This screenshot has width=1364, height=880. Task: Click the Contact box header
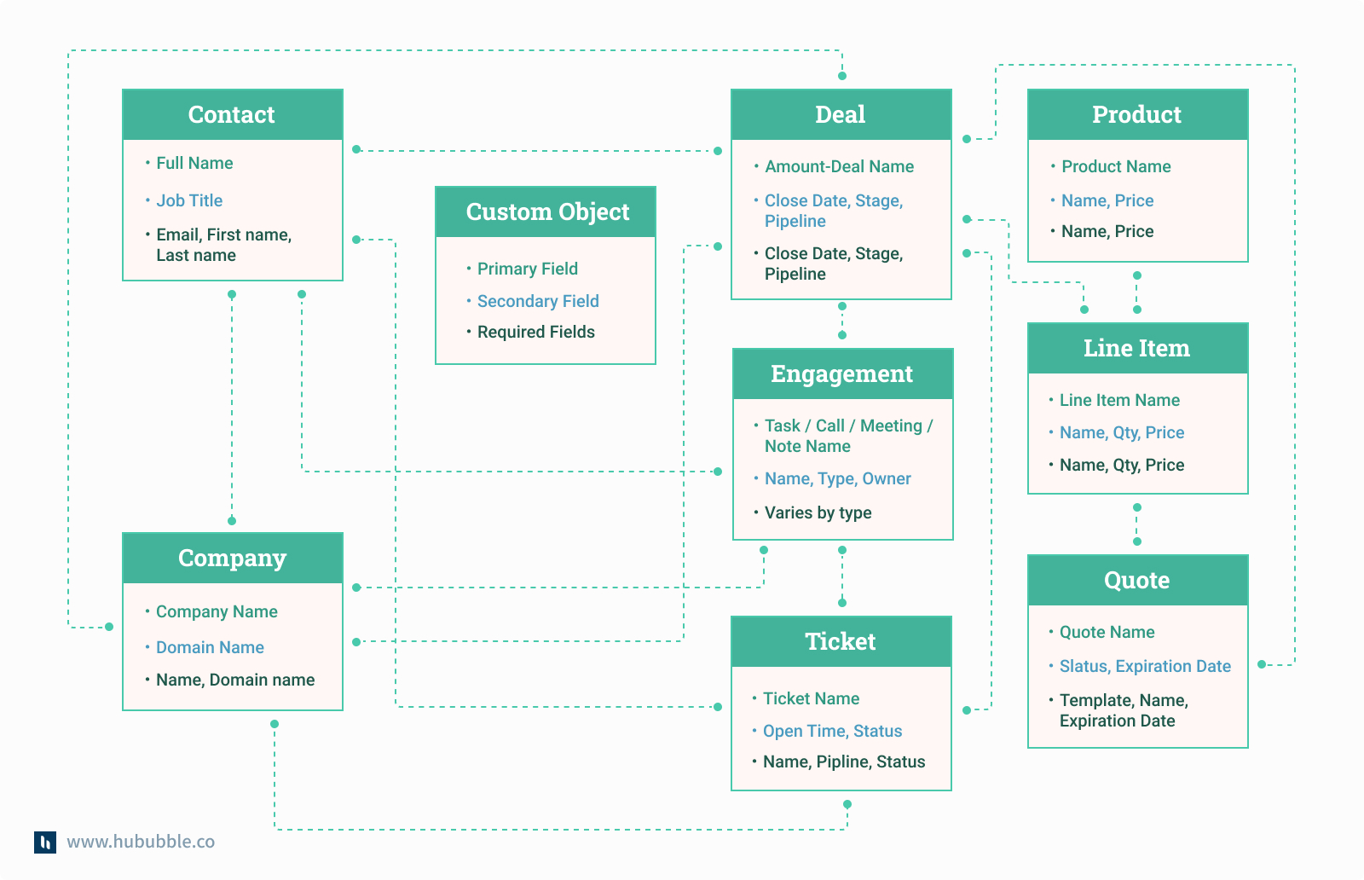[x=232, y=114]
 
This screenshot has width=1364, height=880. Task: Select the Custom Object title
[x=547, y=211]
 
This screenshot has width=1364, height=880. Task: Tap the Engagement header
[x=841, y=373]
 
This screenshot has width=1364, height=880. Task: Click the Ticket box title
[x=841, y=641]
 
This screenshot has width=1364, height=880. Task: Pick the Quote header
[x=1136, y=580]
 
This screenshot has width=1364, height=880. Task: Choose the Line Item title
[x=1136, y=348]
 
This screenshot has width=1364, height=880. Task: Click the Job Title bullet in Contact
[x=189, y=200]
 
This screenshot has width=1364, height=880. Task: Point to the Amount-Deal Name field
[x=839, y=166]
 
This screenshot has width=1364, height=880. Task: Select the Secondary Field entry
[x=538, y=301]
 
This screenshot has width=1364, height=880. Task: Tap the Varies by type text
[x=818, y=512]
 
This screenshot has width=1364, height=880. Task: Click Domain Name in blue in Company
[x=210, y=647]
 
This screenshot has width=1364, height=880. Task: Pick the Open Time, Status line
[x=832, y=731]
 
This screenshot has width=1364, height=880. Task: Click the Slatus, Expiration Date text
[x=1145, y=666]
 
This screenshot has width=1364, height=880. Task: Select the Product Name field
[x=1116, y=166]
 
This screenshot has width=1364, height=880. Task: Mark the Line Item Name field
[x=1119, y=400]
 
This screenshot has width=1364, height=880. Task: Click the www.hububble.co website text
[x=141, y=842]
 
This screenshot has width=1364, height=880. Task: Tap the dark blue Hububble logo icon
[x=45, y=842]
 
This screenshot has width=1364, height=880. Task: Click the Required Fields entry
[x=535, y=332]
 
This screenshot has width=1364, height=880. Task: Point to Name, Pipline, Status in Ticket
[x=843, y=761]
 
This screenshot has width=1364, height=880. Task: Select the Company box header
[x=232, y=558]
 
